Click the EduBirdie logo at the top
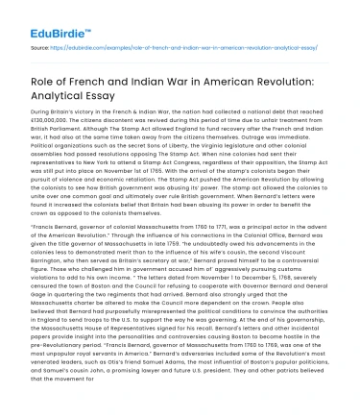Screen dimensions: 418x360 pyautogui.click(x=45, y=17)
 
